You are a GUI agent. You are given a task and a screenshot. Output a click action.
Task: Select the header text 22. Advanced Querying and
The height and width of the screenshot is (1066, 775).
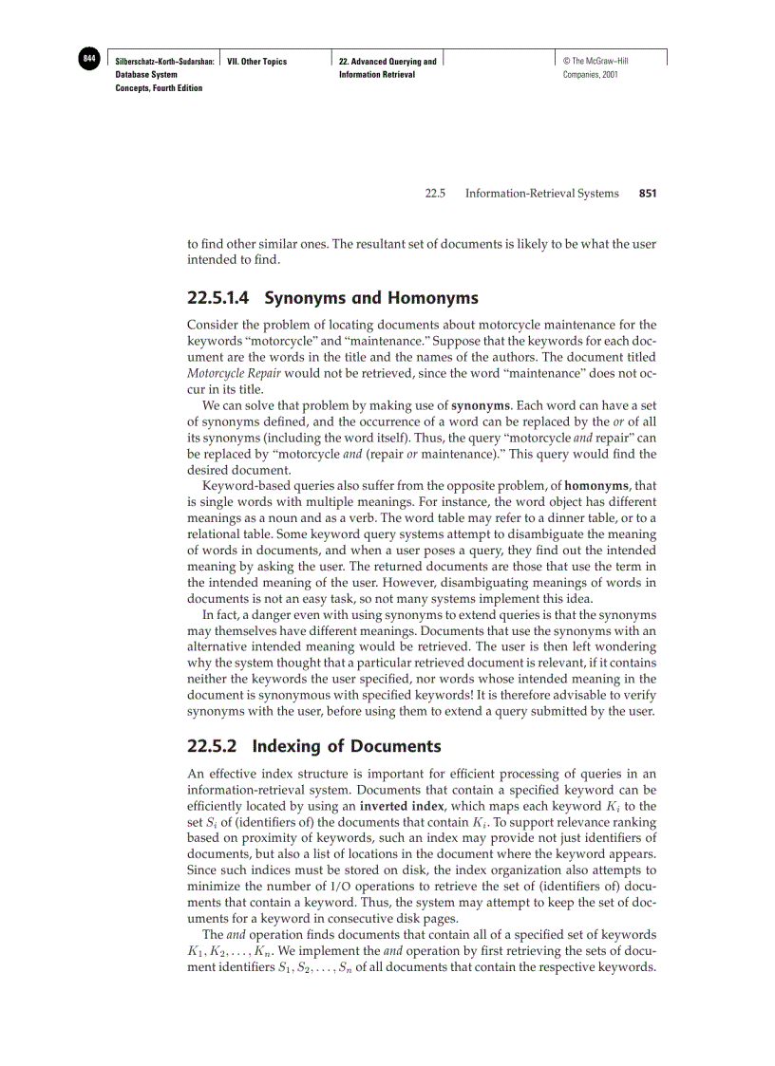coord(387,62)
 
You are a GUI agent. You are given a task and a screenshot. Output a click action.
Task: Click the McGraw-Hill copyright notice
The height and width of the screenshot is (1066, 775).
coord(595,62)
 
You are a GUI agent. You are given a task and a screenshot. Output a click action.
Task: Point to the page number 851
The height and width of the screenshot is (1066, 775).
coord(648,194)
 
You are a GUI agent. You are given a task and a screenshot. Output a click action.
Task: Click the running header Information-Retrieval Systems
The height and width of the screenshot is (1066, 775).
coord(546,194)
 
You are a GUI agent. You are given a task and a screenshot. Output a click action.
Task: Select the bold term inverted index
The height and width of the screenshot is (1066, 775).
coord(399,807)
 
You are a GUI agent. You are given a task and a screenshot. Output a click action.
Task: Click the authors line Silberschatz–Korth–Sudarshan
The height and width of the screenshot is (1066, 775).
coord(163,62)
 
